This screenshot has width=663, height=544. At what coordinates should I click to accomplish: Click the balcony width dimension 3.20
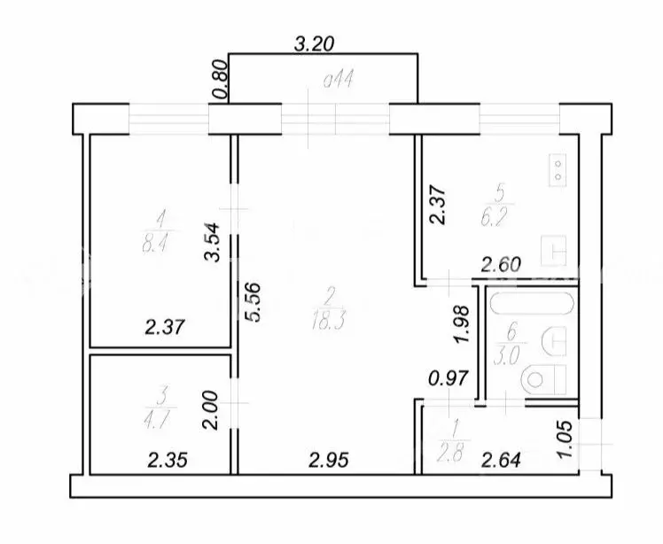317,41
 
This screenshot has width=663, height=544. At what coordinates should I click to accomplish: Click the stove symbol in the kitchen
559,169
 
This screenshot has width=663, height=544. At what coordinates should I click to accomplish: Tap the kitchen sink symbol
556,250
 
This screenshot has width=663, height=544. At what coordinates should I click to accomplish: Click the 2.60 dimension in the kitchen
500,263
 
